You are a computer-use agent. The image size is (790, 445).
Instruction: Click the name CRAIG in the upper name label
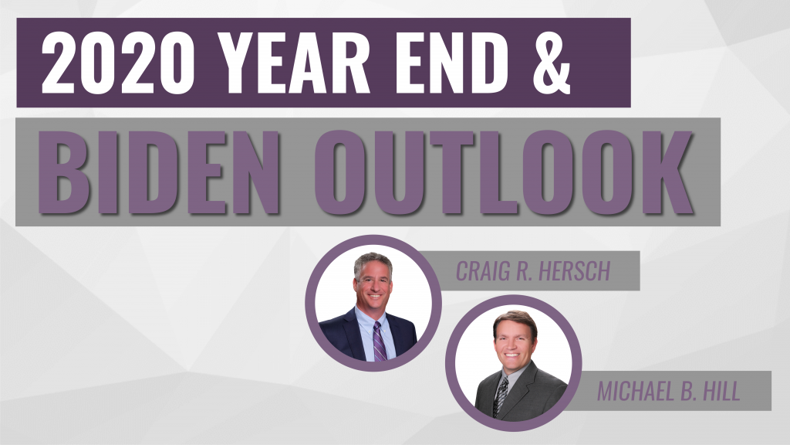click(x=482, y=271)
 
